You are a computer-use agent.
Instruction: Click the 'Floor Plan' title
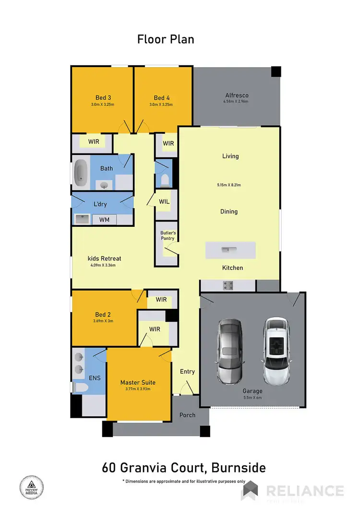point(166,39)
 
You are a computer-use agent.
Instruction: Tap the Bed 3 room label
point(103,98)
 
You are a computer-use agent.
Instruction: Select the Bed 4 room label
point(162,98)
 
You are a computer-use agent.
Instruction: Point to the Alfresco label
point(237,95)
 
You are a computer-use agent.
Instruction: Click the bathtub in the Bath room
point(81,173)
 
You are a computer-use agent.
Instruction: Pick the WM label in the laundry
point(104,220)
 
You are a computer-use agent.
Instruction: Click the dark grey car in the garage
point(230,351)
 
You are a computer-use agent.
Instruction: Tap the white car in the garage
point(276,351)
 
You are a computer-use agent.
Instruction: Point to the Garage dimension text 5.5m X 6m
point(252,398)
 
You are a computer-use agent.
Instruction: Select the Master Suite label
point(138,382)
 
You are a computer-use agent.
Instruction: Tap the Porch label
point(187,415)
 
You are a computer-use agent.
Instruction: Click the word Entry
point(187,372)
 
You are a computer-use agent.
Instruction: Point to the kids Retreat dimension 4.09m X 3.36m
point(103,265)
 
